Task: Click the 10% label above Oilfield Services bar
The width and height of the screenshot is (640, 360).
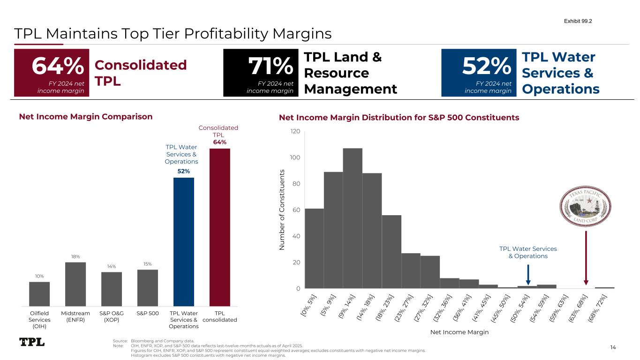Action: click(x=39, y=276)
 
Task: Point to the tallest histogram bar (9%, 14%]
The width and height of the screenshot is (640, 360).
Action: click(x=353, y=218)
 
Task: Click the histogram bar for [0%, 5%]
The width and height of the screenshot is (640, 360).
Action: click(x=314, y=248)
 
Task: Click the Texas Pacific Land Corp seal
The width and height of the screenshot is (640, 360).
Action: click(x=586, y=206)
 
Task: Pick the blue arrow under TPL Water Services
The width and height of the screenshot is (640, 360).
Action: click(x=528, y=275)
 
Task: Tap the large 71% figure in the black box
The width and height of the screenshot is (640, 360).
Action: click(x=271, y=67)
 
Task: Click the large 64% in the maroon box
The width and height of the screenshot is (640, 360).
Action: click(x=58, y=67)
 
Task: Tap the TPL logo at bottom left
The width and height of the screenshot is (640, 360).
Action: click(x=32, y=342)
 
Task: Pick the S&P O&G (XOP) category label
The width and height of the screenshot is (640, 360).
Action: click(x=112, y=316)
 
